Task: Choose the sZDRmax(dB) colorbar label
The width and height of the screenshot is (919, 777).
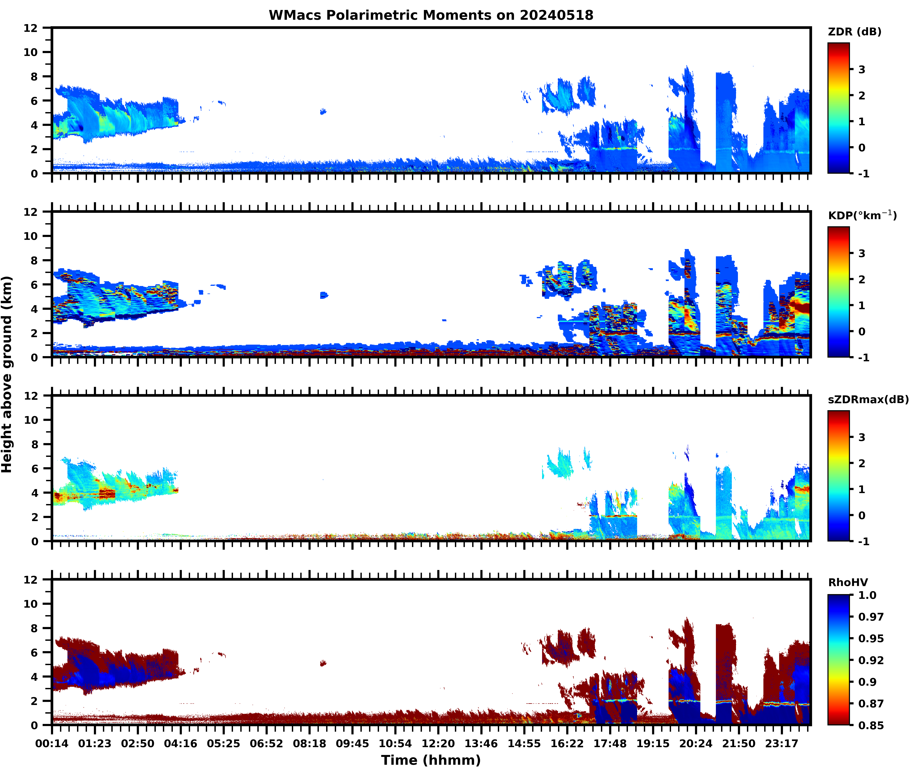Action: pos(868,399)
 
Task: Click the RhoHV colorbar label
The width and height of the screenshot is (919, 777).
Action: pos(848,582)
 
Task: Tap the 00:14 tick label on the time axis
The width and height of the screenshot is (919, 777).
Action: pos(52,743)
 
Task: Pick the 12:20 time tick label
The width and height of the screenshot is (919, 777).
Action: pos(438,743)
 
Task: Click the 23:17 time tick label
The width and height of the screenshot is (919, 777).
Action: pos(782,743)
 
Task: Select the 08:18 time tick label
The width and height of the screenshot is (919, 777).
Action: pos(309,743)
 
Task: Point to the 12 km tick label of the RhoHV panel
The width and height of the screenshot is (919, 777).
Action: pos(31,580)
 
